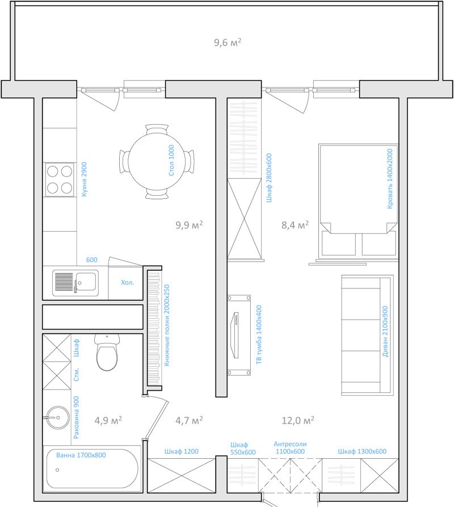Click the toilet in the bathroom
(107, 353)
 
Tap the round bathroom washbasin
(58, 417)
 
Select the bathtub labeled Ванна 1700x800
(92, 468)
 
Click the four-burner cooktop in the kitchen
(60, 179)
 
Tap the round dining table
(157, 161)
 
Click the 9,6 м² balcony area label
(228, 43)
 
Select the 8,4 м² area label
(295, 225)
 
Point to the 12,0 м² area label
(298, 420)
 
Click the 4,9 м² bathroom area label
(108, 420)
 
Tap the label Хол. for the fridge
(127, 283)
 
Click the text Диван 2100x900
(385, 332)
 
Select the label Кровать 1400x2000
(390, 178)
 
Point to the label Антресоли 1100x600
(290, 448)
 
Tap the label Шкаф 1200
(182, 451)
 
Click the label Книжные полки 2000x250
(167, 325)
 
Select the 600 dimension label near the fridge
(92, 260)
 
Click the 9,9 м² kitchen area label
(189, 225)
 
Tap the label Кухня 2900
(85, 179)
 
